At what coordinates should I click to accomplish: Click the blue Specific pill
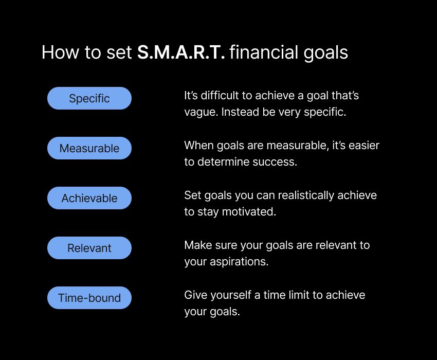coord(89,98)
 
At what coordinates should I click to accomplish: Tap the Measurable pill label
coord(89,148)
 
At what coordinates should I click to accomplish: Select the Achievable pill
coord(89,198)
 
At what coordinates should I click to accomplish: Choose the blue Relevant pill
coord(89,248)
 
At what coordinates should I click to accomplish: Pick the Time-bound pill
coord(89,298)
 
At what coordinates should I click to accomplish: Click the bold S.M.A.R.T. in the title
coord(181,52)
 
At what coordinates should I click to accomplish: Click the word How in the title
coord(60,52)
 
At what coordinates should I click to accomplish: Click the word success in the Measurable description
coord(275,162)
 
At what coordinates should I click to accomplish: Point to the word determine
coord(224,161)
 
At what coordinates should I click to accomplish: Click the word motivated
coord(249,212)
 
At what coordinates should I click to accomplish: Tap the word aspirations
coord(239,262)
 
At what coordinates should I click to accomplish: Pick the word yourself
coord(231,295)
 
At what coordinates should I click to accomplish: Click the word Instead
coord(240,112)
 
